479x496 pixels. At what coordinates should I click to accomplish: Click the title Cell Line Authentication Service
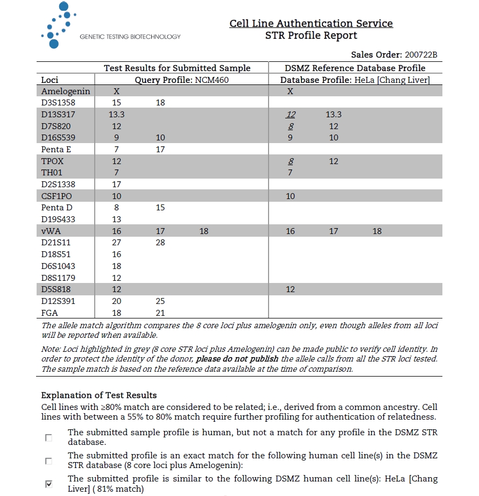click(311, 24)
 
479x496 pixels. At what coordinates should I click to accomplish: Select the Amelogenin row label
click(66, 91)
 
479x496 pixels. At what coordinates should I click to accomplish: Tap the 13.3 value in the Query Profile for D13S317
click(117, 115)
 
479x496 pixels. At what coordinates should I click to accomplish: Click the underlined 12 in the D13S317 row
click(291, 115)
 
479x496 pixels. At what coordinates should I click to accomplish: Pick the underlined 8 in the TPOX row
click(291, 161)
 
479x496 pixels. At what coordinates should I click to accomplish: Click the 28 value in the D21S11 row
click(160, 243)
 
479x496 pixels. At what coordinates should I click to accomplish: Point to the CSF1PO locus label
click(57, 196)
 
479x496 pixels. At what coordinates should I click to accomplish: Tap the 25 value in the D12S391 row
click(160, 301)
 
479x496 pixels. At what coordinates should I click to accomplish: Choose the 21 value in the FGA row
click(160, 313)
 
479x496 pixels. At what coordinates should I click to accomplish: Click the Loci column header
click(50, 80)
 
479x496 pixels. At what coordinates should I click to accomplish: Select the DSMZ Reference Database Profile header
click(355, 68)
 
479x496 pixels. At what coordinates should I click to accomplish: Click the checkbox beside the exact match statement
click(49, 461)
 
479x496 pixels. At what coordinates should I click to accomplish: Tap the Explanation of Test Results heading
click(99, 395)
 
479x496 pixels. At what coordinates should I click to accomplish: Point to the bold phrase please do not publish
click(237, 359)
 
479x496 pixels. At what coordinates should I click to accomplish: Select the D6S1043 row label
click(59, 266)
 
